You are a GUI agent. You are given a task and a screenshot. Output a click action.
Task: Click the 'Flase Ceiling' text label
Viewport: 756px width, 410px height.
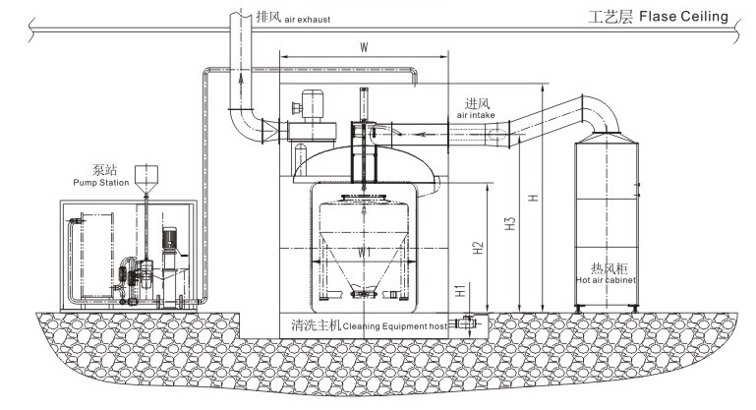coord(683,16)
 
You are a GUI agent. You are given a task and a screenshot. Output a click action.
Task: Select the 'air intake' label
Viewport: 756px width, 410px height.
coord(477,115)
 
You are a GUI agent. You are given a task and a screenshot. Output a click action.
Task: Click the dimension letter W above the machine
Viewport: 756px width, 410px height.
coord(365,46)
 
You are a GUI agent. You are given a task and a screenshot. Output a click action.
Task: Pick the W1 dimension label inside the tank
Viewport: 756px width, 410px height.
coord(364,252)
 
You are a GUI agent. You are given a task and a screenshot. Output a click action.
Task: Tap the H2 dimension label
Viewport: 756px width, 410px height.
coord(478,251)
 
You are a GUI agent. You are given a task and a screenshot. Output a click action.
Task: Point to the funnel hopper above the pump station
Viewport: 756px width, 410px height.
coord(145,177)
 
